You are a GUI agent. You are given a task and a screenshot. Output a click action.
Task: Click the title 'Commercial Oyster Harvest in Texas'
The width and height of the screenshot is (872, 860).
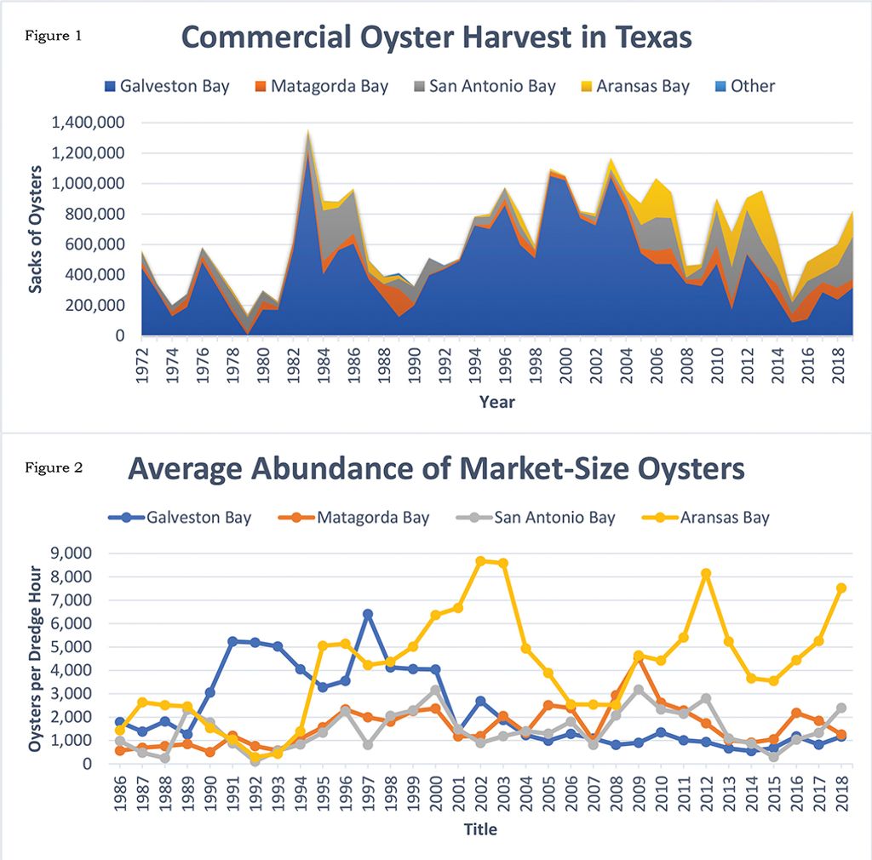click(436, 38)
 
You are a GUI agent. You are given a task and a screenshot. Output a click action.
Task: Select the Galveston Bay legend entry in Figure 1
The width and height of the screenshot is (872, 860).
click(166, 86)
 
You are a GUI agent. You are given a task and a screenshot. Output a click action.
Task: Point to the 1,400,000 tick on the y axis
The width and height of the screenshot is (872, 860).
click(89, 123)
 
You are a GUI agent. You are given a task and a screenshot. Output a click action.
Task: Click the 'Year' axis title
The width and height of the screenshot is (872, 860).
click(496, 401)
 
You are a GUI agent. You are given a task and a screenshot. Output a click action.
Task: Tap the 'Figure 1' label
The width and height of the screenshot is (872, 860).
click(53, 37)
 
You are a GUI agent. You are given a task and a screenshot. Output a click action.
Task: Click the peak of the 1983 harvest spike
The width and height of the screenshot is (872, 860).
click(307, 130)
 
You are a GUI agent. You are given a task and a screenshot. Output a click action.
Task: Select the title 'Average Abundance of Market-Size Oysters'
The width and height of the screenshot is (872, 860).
click(436, 469)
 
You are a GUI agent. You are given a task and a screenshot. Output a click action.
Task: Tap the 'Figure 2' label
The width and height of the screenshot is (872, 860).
click(53, 467)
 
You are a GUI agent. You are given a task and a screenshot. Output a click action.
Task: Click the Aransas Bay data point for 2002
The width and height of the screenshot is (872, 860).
click(481, 561)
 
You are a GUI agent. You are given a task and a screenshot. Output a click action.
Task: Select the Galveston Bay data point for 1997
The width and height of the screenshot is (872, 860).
click(367, 614)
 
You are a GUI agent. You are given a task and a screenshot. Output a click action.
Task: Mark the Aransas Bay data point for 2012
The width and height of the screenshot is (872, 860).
click(706, 574)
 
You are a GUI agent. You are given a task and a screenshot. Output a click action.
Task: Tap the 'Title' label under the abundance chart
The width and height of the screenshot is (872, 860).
click(480, 828)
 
